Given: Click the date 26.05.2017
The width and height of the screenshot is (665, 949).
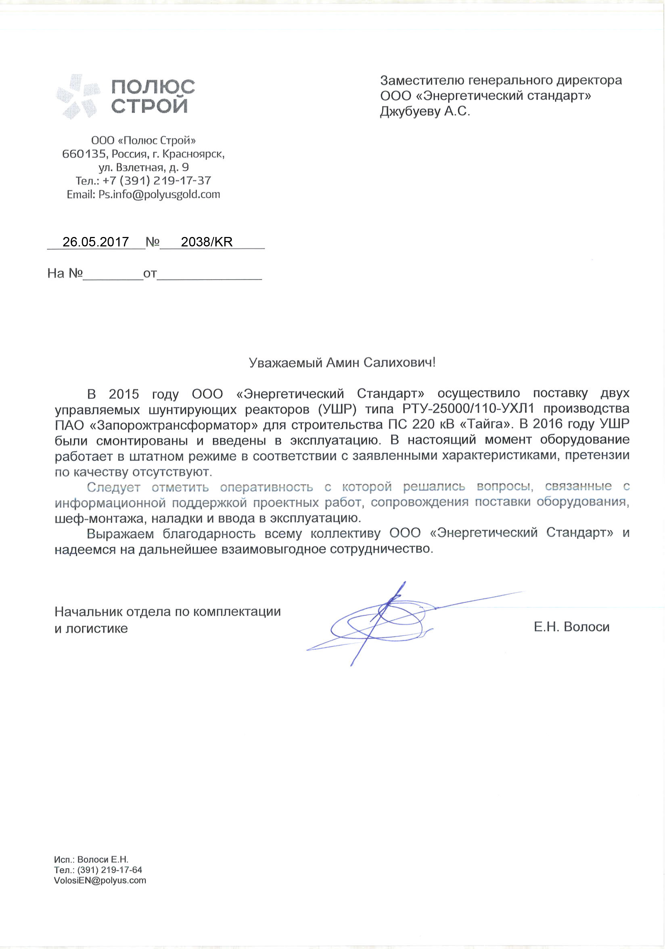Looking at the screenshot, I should click(x=95, y=242).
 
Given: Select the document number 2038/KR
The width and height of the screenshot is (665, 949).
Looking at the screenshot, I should click(x=207, y=242).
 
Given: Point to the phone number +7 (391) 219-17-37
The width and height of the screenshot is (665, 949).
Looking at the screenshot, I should click(x=157, y=180).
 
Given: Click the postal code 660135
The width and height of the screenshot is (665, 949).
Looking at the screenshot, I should click(x=84, y=154).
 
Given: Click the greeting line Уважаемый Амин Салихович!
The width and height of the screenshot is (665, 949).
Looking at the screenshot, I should click(x=342, y=363).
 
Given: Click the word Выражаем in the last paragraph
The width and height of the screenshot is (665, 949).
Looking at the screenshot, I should click(x=120, y=534).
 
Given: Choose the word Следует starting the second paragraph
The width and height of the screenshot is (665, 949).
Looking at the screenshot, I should click(x=114, y=487).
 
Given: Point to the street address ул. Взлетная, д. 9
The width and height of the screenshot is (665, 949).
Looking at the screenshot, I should click(x=143, y=167).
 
